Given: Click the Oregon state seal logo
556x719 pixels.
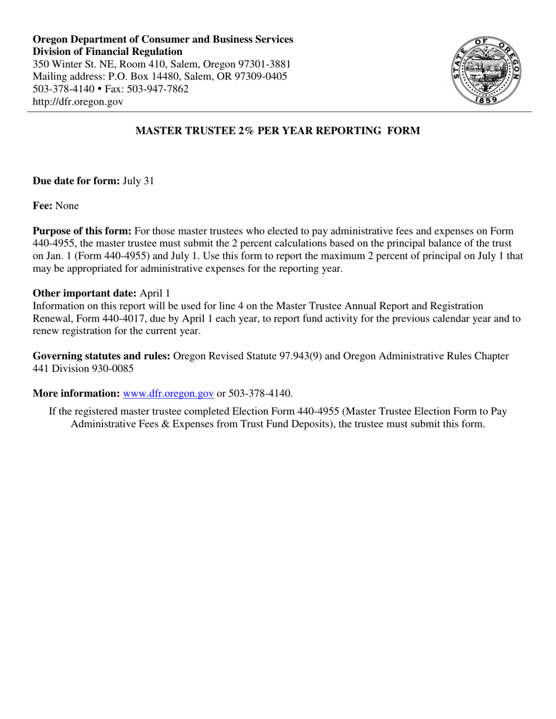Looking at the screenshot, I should click(486, 70).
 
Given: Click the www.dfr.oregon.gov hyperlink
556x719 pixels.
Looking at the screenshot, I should click(168, 393).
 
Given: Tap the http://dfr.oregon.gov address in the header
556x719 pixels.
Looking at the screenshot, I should click(78, 102).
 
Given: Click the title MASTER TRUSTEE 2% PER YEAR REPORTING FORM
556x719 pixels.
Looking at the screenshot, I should click(277, 131).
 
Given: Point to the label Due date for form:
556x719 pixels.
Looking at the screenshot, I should click(76, 181).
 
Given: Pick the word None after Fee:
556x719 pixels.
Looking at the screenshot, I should click(67, 206).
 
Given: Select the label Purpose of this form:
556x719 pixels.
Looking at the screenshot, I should click(82, 231).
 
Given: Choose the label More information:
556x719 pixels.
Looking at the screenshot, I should click(76, 393).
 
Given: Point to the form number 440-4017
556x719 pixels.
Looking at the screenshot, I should click(132, 319).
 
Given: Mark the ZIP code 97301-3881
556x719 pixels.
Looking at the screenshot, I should click(263, 64).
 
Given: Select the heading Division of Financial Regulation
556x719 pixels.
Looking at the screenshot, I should click(107, 52).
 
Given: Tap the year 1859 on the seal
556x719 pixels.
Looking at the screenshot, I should click(486, 101).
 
